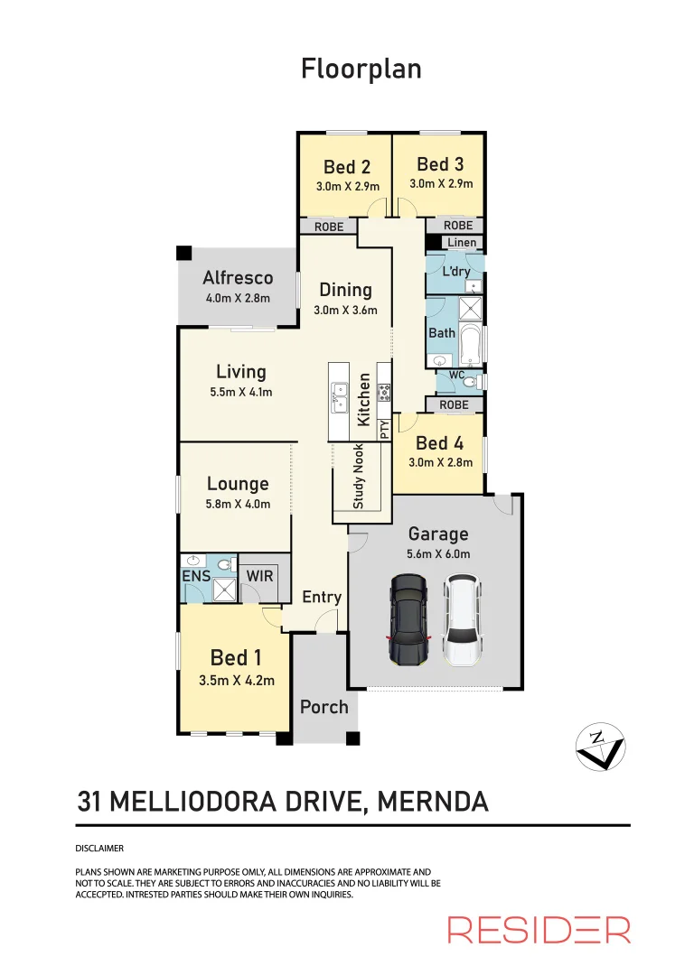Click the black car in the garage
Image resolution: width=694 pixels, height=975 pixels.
[408, 621]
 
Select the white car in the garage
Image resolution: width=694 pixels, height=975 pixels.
[461, 621]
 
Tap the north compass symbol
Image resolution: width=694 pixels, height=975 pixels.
[601, 747]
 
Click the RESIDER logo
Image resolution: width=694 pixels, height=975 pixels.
[539, 929]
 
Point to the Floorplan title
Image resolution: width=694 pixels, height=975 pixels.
[361, 69]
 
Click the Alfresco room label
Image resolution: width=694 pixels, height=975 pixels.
[238, 277]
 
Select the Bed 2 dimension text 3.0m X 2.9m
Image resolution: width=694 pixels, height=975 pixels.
[347, 187]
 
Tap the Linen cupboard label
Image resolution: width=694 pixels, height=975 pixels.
[462, 243]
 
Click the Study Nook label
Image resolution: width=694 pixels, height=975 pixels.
[359, 476]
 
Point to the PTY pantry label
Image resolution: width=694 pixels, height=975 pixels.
[384, 429]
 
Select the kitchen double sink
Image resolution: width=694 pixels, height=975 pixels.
[340, 395]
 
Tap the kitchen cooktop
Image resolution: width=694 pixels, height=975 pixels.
[383, 393]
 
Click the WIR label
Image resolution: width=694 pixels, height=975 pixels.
[260, 576]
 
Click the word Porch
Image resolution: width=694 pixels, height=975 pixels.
[324, 707]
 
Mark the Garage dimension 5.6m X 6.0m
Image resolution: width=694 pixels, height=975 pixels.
[438, 554]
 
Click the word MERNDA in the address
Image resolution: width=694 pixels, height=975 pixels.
[432, 801]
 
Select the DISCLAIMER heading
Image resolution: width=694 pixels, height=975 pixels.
[98, 849]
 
